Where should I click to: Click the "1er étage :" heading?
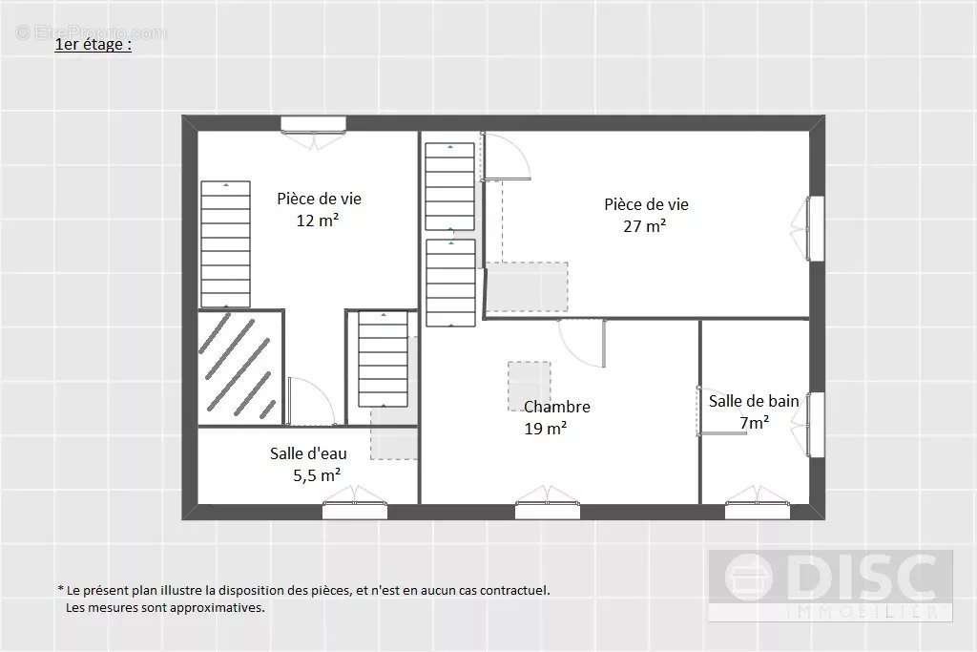pos(93,44)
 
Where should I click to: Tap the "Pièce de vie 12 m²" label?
pos(319,209)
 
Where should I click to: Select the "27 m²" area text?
pos(644,225)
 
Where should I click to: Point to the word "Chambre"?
pos(557,407)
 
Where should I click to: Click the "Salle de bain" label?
pos(754,402)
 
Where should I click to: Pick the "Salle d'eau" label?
pos(308,453)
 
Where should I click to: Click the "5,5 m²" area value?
pos(317,475)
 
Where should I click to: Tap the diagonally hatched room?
pos(240,368)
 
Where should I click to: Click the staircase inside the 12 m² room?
pos(225,243)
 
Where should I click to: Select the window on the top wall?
pos(313,124)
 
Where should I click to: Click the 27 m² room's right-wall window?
pos(816,228)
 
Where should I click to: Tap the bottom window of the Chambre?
pos(547,511)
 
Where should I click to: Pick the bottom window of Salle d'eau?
pos(355,511)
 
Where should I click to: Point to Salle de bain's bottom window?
pos(757,511)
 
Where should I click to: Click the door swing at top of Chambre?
pos(582,344)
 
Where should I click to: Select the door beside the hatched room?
pos(310,402)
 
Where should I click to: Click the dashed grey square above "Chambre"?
pos(529,386)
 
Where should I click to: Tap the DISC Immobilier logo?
pos(831,585)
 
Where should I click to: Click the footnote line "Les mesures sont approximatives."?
pos(165,607)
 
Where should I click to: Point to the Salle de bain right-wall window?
pos(816,425)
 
